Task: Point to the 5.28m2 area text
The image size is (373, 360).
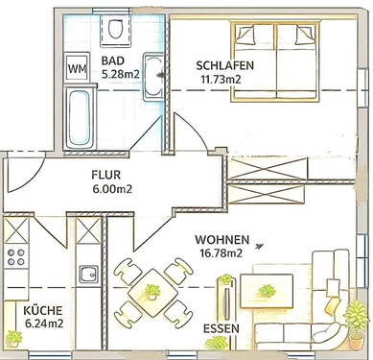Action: (x=122, y=72)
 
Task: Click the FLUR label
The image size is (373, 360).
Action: (x=105, y=176)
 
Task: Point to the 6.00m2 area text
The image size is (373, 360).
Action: (x=111, y=189)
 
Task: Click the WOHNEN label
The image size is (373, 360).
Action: (x=221, y=240)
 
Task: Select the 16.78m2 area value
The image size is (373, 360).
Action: (x=220, y=253)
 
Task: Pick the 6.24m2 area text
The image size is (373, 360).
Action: (x=42, y=324)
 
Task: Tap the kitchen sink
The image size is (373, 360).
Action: (x=87, y=274)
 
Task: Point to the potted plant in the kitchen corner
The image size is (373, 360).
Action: (x=14, y=337)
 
